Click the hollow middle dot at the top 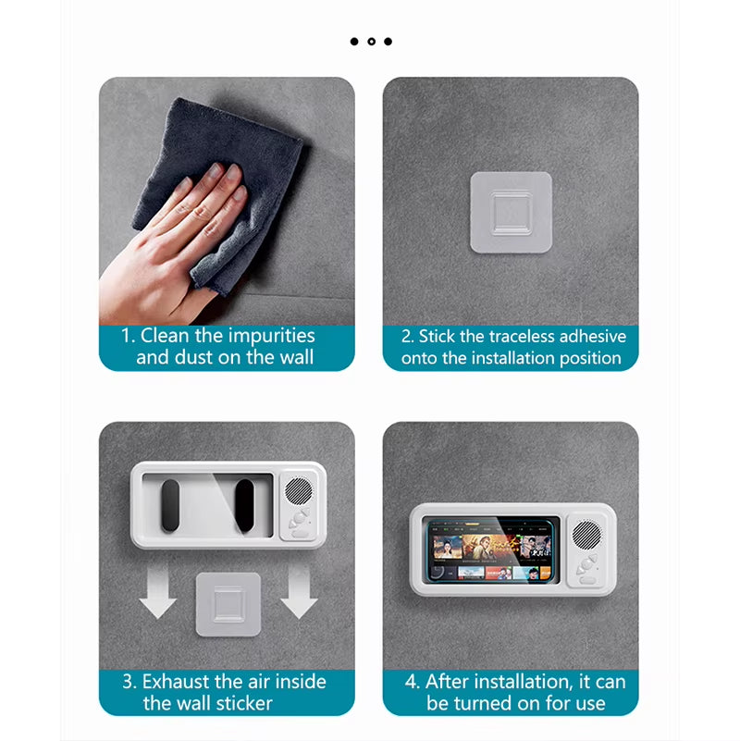(x=371, y=42)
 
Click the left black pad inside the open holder (x=171, y=505)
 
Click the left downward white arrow (x=157, y=595)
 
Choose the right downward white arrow (x=299, y=595)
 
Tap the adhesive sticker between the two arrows (x=228, y=603)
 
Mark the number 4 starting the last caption (x=410, y=682)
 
